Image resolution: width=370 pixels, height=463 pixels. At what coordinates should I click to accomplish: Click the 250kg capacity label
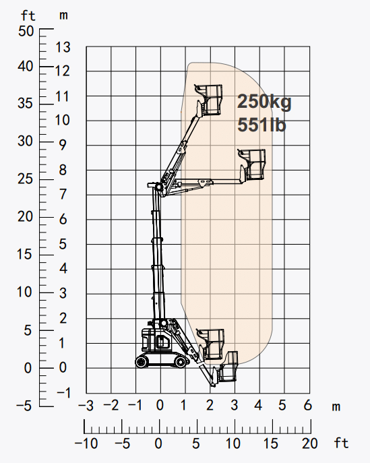(264, 102)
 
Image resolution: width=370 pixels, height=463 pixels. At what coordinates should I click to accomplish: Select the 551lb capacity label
(262, 124)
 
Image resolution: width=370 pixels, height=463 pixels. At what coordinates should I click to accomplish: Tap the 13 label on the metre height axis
(63, 47)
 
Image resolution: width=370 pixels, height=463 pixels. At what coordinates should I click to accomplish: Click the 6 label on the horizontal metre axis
(307, 405)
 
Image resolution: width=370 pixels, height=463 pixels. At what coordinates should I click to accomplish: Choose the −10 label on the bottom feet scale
(86, 443)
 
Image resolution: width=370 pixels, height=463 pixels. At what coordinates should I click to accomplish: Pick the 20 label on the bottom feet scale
(310, 443)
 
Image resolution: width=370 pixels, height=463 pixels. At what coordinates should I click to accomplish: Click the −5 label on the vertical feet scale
(24, 406)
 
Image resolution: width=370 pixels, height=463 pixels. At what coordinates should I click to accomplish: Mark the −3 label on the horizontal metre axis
(86, 406)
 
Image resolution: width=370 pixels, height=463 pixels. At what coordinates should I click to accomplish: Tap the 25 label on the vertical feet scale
(25, 179)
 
